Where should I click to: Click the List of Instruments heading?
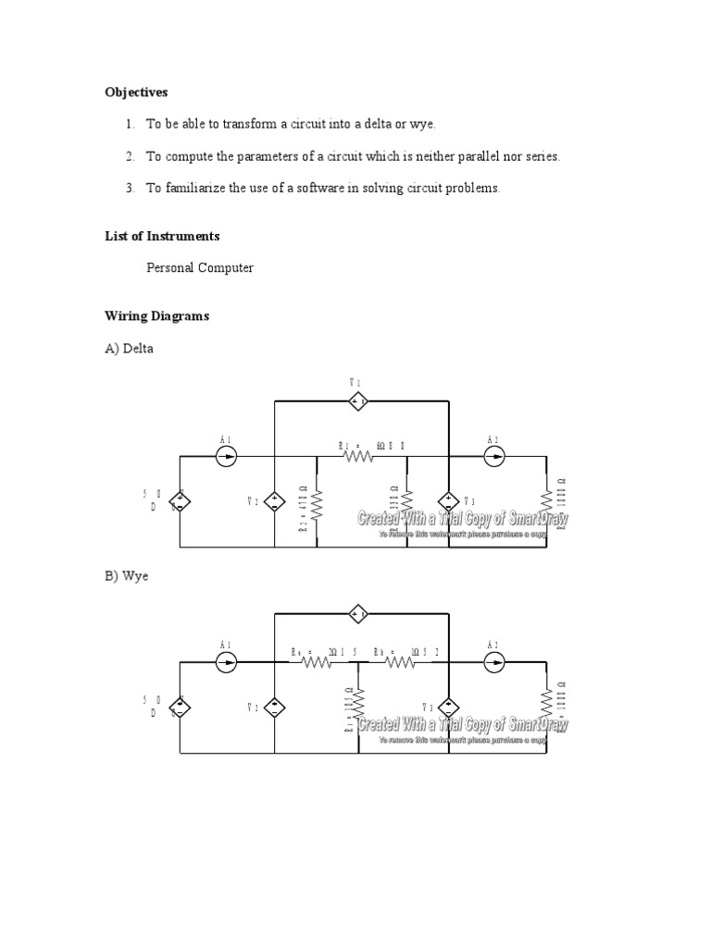tap(162, 236)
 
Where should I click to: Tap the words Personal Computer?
tap(199, 268)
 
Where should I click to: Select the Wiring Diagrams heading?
tap(157, 316)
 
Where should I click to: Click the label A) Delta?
tap(130, 349)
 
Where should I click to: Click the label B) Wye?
tap(127, 575)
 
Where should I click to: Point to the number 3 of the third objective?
tap(131, 188)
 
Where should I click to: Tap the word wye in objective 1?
tap(422, 124)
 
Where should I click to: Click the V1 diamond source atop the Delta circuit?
tap(358, 401)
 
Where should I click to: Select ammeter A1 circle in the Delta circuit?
tap(226, 456)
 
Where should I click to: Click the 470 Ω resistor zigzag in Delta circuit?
tap(318, 504)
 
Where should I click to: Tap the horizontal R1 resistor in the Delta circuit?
tap(358, 456)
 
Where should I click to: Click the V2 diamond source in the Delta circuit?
tap(275, 502)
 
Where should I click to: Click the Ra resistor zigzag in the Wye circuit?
tap(317, 662)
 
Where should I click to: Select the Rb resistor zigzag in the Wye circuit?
tap(400, 662)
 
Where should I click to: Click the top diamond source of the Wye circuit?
tap(358, 613)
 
